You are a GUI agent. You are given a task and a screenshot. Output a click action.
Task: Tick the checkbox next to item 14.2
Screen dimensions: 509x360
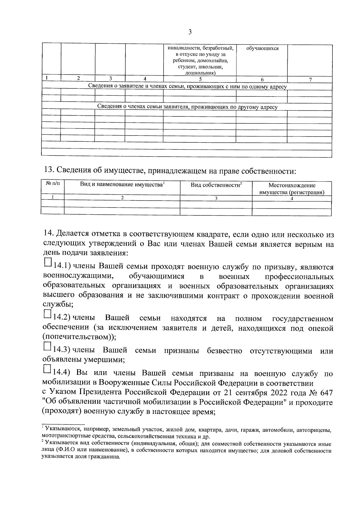tap(47, 314)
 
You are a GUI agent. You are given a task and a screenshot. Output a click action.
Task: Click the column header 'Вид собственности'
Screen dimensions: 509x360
tap(216, 185)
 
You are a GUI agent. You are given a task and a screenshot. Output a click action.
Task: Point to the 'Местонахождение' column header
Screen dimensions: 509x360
tap(292, 185)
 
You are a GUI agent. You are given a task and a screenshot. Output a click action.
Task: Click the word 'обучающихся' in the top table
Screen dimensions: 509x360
tap(262, 48)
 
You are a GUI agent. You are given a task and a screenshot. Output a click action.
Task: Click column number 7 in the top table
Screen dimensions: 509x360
tap(310, 79)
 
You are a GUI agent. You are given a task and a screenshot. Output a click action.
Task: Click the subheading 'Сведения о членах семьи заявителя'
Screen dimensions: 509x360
tap(187, 107)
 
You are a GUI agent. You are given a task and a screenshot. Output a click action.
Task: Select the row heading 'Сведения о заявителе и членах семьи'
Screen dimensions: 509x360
tap(187, 87)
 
